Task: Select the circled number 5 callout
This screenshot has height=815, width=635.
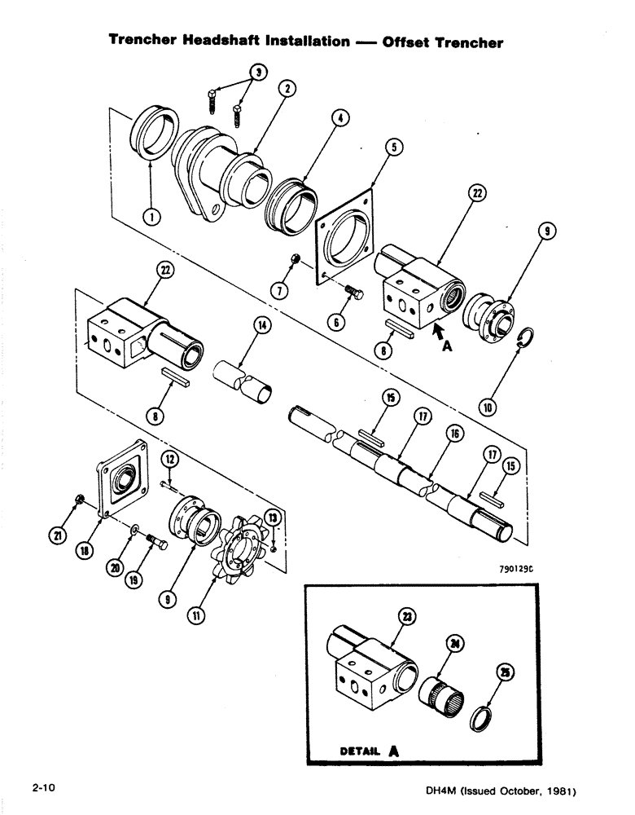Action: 393,148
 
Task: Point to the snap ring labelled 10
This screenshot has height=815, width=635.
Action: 527,337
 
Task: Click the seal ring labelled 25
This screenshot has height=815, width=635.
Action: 486,714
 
